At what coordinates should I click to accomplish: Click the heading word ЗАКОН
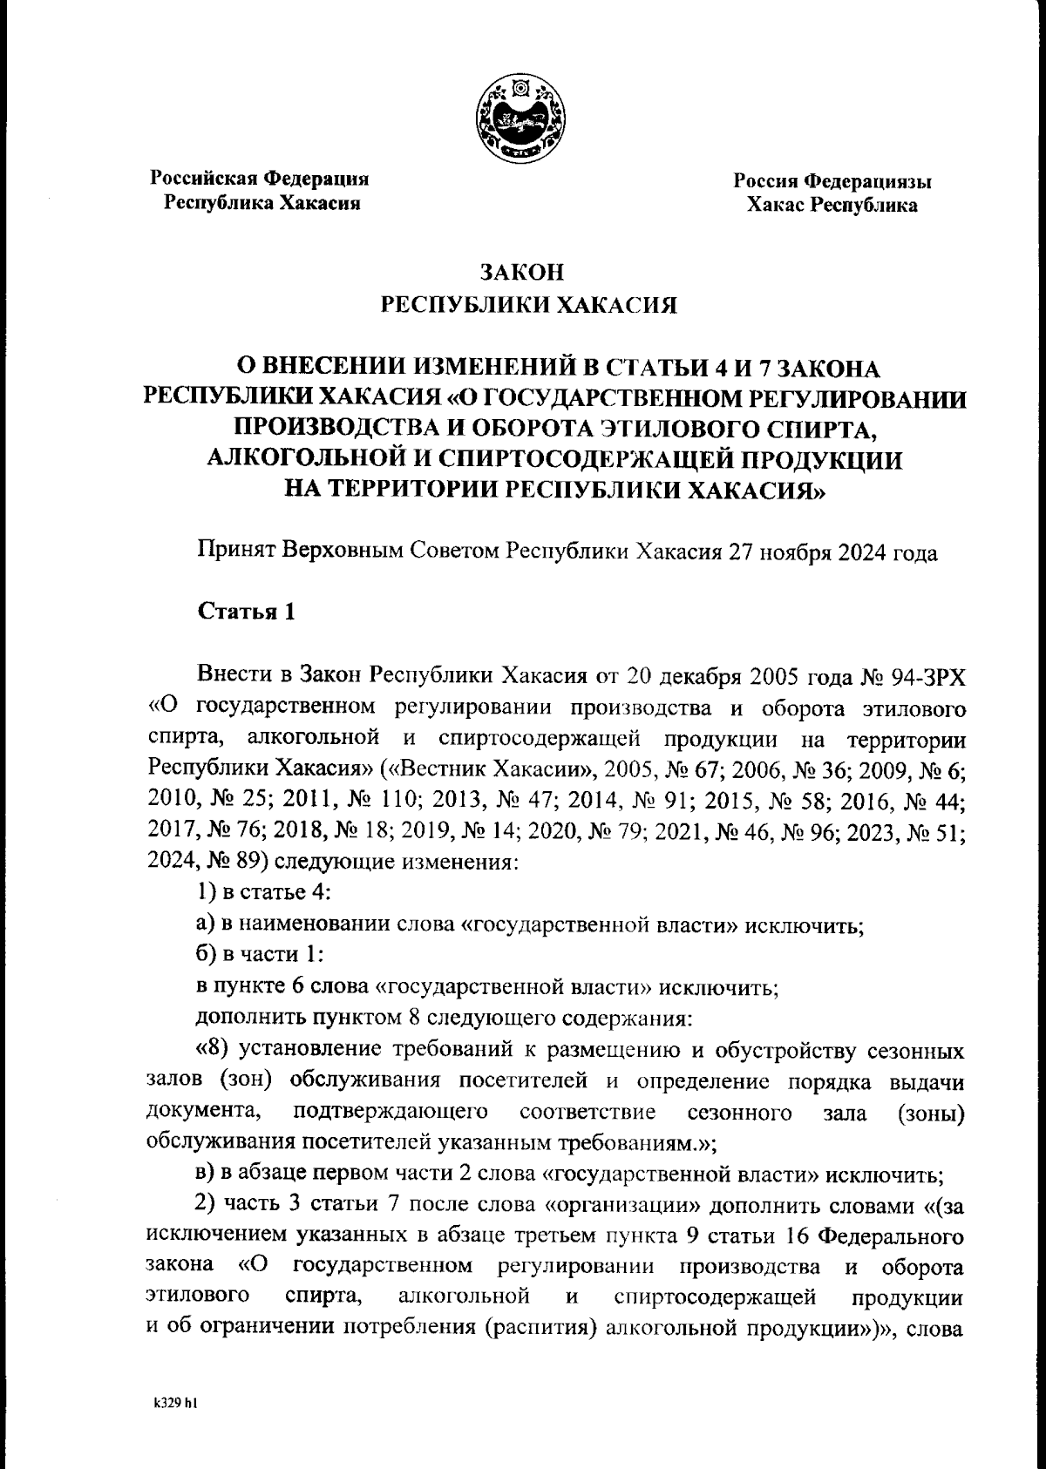coord(523,271)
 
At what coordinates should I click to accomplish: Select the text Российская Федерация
coord(260,179)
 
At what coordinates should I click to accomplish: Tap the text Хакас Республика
coord(831,206)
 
